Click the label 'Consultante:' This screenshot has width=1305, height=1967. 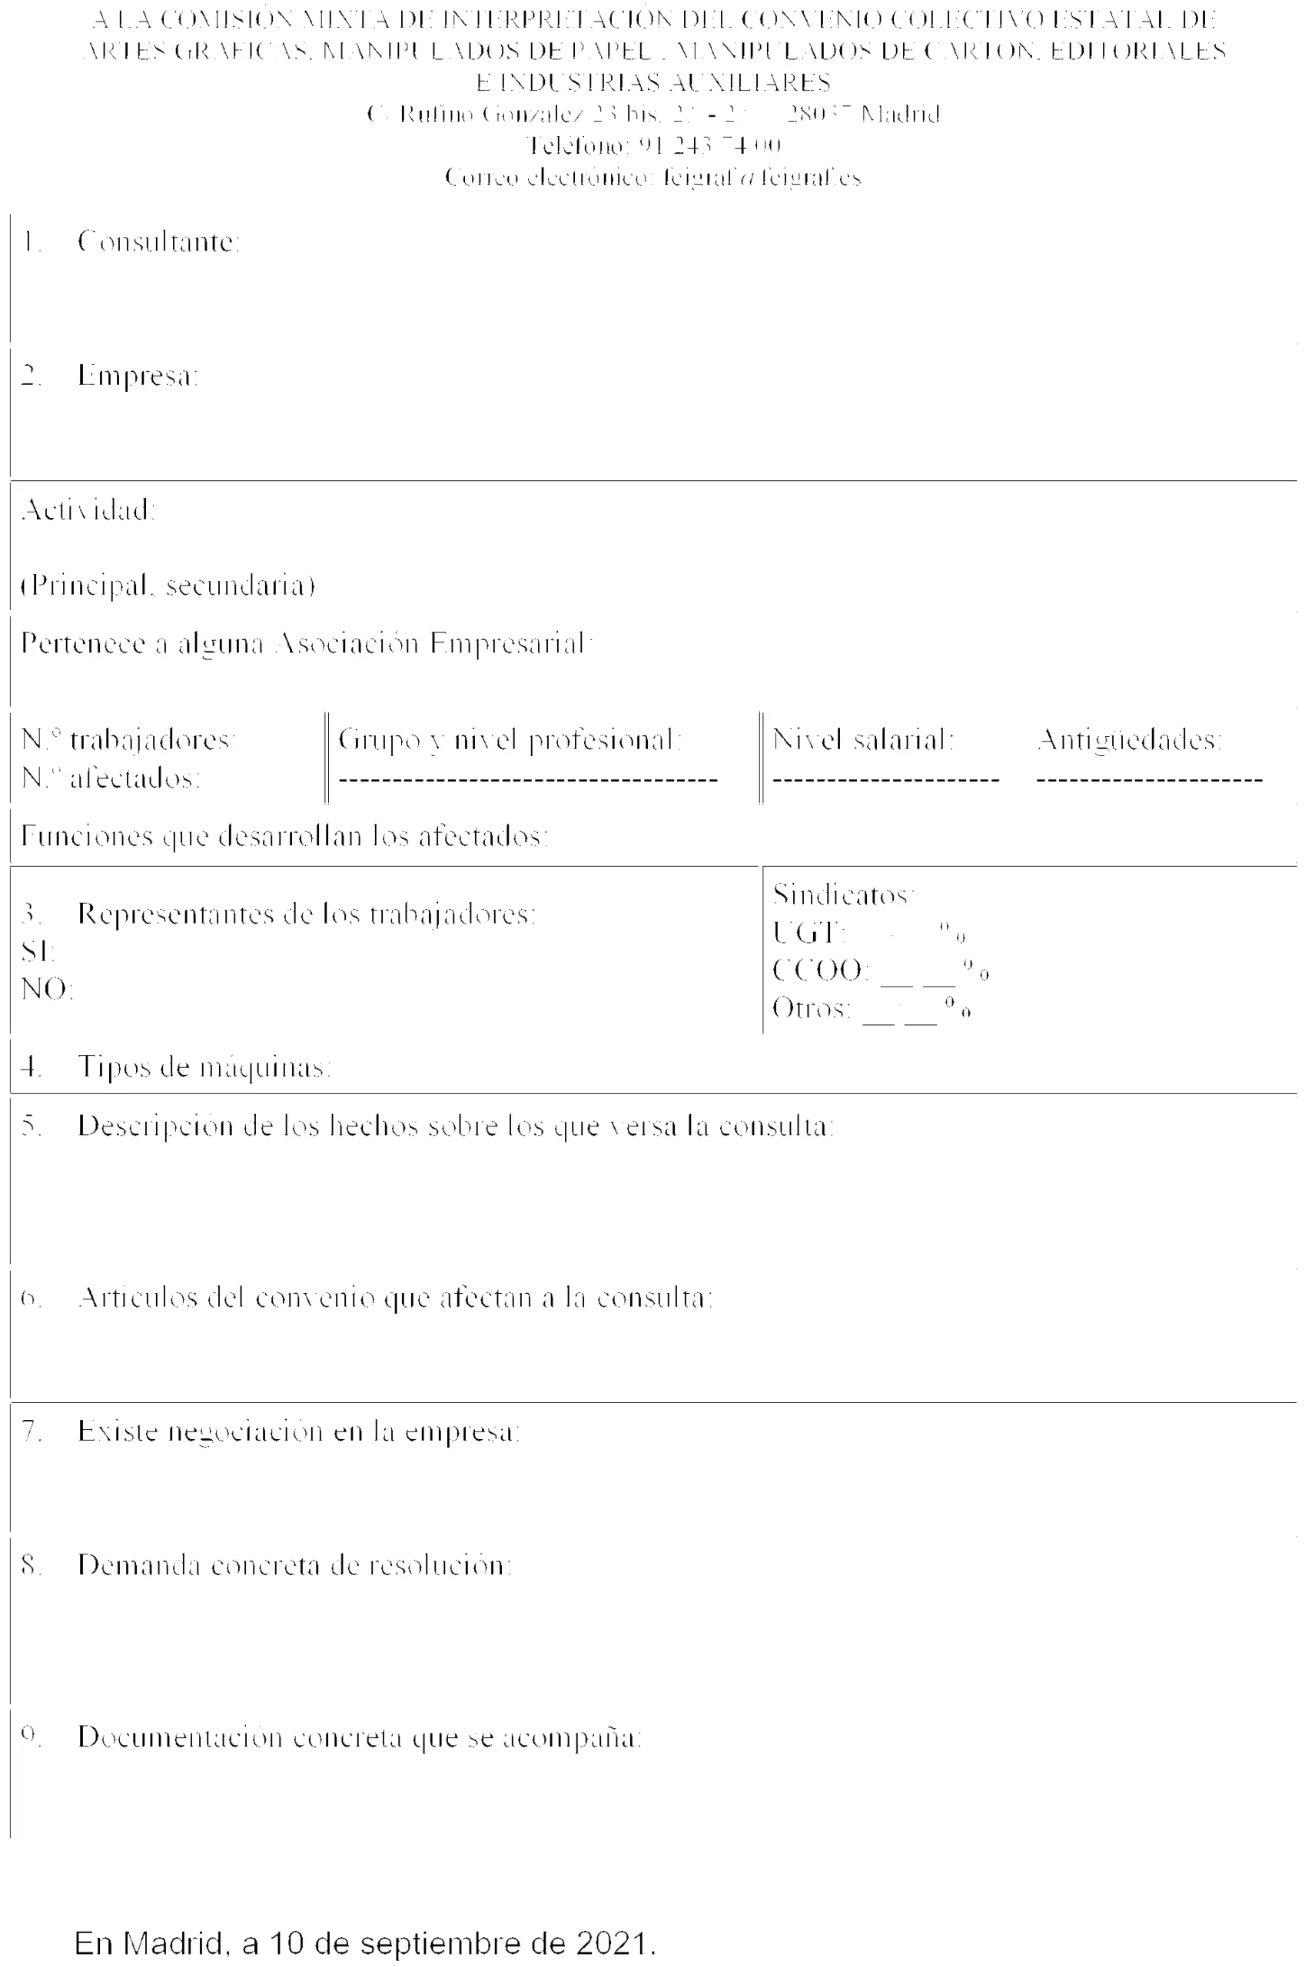(158, 242)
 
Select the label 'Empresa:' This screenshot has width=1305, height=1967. (138, 376)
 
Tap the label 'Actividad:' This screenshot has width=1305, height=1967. (88, 509)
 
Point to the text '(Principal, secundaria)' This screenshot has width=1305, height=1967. (168, 585)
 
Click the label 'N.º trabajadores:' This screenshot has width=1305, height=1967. (129, 739)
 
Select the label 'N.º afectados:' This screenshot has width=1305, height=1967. (111, 778)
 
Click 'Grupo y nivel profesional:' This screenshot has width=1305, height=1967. (510, 739)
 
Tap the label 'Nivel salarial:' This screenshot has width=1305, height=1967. (863, 739)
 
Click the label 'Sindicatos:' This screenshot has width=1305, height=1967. (843, 894)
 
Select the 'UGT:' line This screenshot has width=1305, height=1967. (868, 933)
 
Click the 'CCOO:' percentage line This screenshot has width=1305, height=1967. (880, 970)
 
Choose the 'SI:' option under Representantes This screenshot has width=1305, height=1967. (38, 951)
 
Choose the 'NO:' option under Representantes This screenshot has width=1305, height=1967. (48, 990)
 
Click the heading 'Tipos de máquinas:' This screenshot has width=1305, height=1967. (204, 1066)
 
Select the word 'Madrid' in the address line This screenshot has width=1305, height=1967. (900, 114)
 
